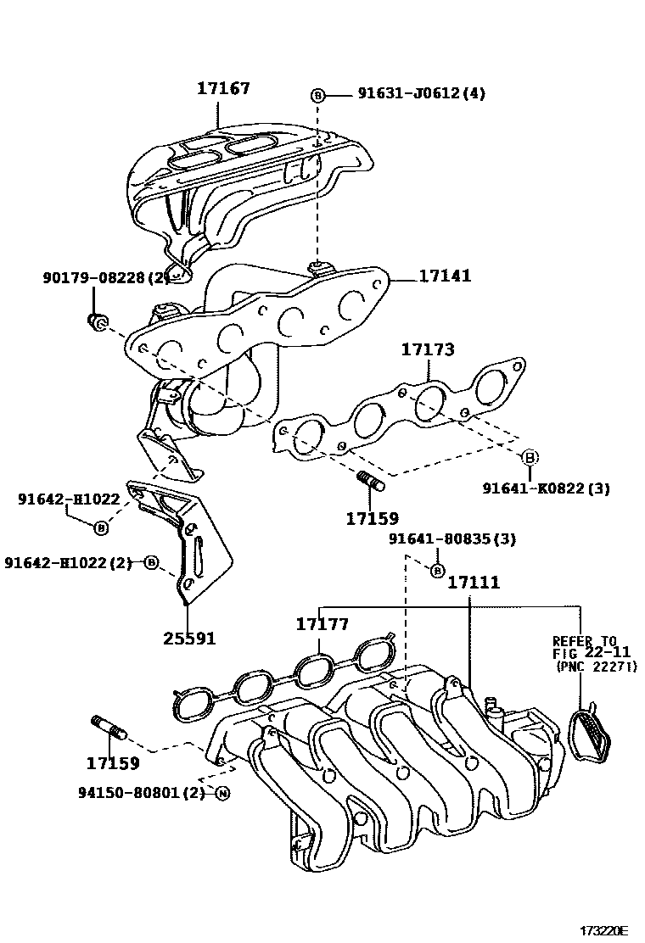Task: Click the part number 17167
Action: [x=224, y=87]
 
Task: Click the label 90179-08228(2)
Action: [x=106, y=277]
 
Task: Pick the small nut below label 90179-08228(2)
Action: [x=96, y=321]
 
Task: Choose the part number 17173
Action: [x=428, y=349]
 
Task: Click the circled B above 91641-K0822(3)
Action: [x=528, y=457]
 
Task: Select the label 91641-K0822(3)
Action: [x=546, y=488]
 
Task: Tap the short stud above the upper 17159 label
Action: [x=371, y=481]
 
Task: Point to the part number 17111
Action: [x=473, y=583]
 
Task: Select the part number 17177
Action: [x=322, y=624]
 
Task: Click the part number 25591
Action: [x=189, y=637]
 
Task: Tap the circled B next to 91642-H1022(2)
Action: [x=150, y=562]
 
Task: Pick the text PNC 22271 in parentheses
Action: [x=596, y=667]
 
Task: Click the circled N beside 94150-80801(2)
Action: [x=222, y=794]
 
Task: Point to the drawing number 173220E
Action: [x=603, y=930]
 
